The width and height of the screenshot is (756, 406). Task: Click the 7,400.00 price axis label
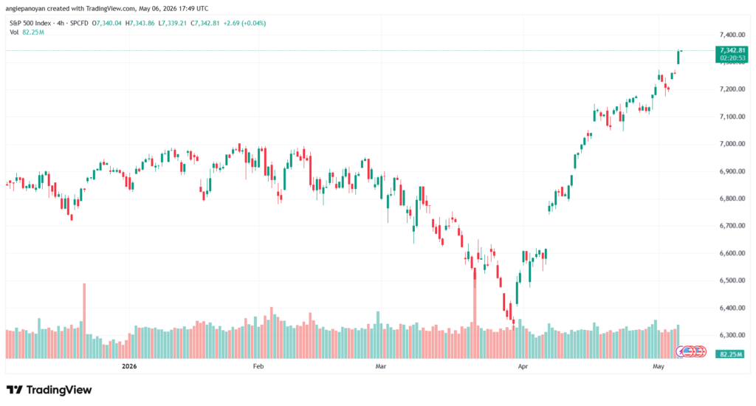732,35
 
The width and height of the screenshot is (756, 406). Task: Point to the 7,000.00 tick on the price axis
732,144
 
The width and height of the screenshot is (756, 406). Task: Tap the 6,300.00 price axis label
732,335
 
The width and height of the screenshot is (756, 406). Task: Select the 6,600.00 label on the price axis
732,253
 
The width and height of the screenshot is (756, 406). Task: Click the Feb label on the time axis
258,366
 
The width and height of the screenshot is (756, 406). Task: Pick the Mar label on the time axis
381,366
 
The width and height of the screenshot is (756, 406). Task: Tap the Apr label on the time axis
523,366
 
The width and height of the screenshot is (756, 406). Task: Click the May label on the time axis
658,366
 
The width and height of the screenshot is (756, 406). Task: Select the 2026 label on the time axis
129,366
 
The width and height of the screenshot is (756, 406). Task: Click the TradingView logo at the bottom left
49,390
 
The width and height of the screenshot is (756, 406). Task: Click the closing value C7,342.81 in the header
205,23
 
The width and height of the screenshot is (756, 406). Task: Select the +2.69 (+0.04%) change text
244,23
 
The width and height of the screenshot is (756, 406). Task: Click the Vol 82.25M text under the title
27,32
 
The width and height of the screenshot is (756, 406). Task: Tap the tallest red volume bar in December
84,320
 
